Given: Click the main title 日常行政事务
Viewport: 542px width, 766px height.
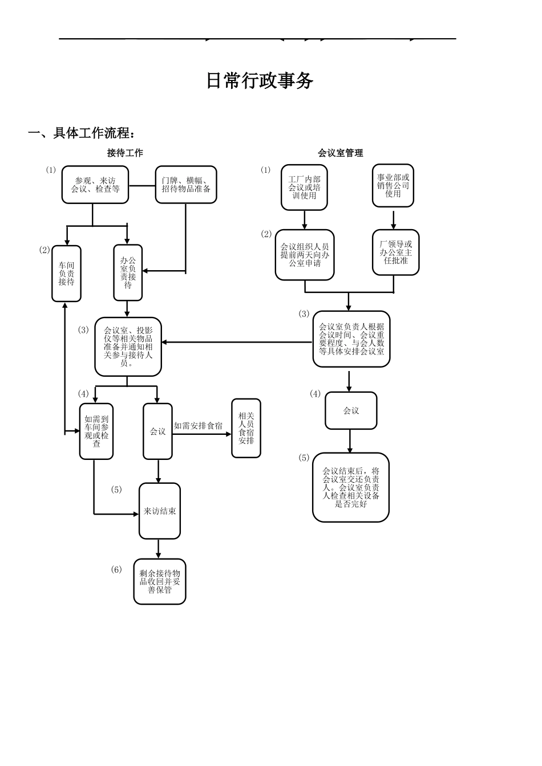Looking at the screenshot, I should click(x=260, y=81).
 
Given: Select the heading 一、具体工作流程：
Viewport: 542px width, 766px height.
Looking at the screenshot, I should click(x=83, y=133).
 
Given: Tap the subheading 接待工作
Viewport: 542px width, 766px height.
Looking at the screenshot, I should click(x=125, y=153).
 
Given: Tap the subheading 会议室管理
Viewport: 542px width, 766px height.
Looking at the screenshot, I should click(x=340, y=153).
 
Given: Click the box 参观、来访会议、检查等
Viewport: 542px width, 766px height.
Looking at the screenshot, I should click(x=95, y=185).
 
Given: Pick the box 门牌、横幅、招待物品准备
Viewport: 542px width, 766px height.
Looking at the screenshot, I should click(x=186, y=185).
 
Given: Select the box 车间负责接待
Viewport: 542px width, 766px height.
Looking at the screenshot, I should click(x=66, y=274).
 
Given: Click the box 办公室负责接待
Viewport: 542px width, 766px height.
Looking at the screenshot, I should click(x=128, y=272).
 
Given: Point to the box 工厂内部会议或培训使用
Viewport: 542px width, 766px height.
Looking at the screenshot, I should click(x=304, y=188).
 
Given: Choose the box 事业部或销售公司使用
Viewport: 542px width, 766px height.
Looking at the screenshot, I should click(x=393, y=186).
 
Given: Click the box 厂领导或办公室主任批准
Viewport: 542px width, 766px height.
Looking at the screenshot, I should click(x=395, y=252).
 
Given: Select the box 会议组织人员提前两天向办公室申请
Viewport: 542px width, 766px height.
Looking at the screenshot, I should click(x=305, y=255).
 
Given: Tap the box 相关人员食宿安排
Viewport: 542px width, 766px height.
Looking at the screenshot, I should click(x=246, y=428).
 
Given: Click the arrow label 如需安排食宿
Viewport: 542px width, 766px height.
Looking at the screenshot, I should click(x=198, y=426).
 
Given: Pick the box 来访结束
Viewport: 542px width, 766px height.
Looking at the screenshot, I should click(x=160, y=511).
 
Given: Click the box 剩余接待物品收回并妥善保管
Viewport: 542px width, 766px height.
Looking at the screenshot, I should click(x=160, y=581).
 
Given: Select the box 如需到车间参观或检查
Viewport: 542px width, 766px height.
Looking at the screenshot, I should click(x=96, y=431).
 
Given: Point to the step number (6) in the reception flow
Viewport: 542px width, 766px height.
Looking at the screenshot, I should click(x=116, y=569).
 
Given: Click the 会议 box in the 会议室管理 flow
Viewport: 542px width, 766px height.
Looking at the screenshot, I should click(x=351, y=410).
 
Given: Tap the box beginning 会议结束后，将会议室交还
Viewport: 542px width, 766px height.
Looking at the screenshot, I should click(x=351, y=487).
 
